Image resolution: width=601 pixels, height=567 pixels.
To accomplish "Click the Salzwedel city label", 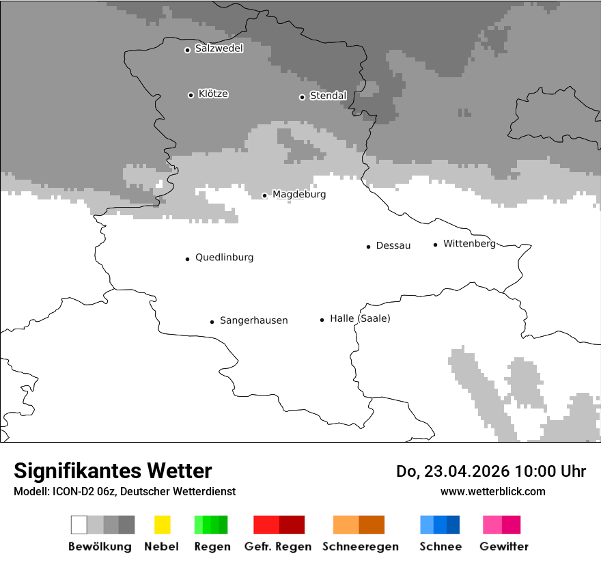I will [219, 49].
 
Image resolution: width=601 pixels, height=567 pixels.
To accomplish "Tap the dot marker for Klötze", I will [191, 95].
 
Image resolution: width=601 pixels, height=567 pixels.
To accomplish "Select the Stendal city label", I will [328, 96].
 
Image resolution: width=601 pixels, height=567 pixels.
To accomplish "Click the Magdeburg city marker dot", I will [265, 195].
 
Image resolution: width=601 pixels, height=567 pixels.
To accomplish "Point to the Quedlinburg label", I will [224, 258].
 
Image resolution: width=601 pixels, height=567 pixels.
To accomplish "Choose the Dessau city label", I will [393, 246].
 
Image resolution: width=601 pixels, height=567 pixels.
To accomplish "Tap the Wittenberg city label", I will [469, 244].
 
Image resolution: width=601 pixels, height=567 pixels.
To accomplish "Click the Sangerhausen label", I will [253, 320].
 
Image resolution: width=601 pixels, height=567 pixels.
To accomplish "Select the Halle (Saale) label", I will [360, 318].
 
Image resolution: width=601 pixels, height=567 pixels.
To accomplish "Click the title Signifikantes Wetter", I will [113, 471].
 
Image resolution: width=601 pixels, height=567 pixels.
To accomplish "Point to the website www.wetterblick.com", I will [492, 491].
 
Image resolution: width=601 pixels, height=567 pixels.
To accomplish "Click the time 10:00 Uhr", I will [550, 471].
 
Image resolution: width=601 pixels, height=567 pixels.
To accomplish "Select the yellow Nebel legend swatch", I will [162, 525].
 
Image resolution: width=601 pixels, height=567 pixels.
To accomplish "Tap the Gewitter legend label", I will [504, 547].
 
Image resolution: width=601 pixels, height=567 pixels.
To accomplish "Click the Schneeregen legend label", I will [361, 547].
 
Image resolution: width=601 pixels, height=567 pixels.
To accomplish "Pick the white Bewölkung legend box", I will [79, 525].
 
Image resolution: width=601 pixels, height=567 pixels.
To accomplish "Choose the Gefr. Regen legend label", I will [278, 547].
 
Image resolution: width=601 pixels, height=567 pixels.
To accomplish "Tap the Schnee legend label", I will [441, 547].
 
